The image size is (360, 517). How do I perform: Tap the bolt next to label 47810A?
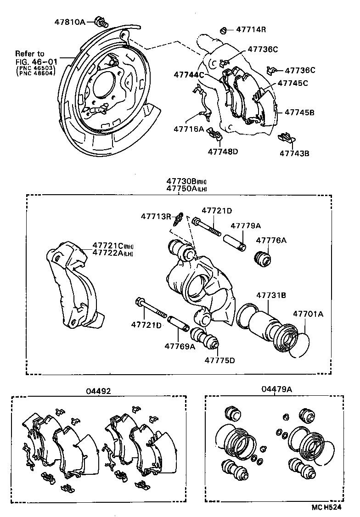pos(101,21)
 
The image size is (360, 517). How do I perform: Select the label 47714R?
pos(251,30)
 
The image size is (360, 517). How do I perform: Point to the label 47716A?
pos(188,129)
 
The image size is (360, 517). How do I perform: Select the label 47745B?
pos(299,112)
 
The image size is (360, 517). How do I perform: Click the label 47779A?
pos(245,225)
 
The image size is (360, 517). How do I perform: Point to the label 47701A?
pos(308,314)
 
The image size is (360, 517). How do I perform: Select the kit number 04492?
pos(98,391)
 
